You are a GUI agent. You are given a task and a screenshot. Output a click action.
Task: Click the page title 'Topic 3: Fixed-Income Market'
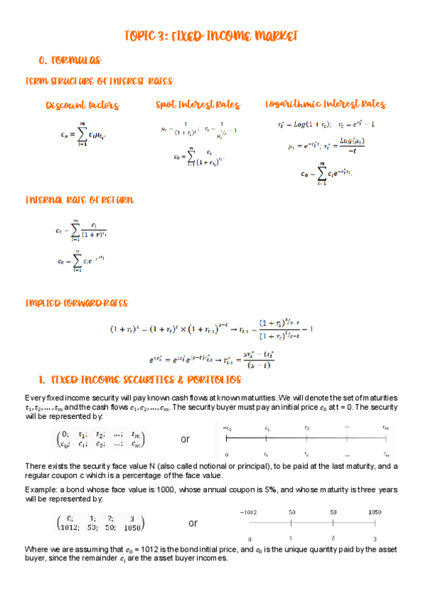210,35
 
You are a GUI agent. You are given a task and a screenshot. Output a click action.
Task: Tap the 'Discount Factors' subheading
82,106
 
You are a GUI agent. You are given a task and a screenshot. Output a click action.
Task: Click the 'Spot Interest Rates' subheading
198,105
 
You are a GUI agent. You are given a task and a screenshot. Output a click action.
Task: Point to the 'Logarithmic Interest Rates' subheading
325,105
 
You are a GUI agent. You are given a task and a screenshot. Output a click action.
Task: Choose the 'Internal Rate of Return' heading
79,200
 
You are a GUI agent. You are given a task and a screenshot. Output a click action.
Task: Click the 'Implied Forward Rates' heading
76,304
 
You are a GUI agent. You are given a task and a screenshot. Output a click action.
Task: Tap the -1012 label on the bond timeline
248,511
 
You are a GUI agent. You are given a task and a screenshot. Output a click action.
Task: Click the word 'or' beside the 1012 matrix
193,523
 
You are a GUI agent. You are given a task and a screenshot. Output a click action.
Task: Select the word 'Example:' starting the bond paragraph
40,490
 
